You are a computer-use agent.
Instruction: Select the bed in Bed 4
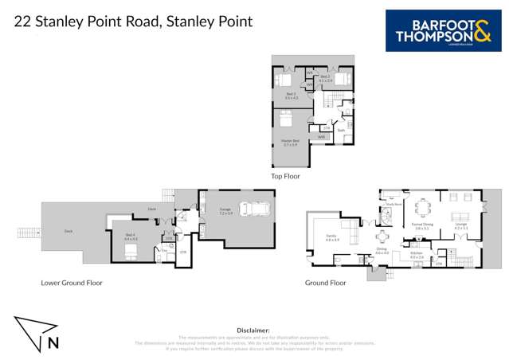[131, 250]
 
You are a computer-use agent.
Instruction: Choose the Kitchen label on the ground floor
[417, 255]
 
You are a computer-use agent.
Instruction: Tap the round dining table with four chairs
[382, 237]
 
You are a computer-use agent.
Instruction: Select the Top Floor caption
[285, 176]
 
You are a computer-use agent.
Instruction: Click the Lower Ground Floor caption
[72, 282]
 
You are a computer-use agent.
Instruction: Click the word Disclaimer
[253, 329]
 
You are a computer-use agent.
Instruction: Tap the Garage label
[225, 211]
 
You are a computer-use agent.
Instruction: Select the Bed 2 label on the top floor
[325, 79]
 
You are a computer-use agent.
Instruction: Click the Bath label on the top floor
[340, 129]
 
